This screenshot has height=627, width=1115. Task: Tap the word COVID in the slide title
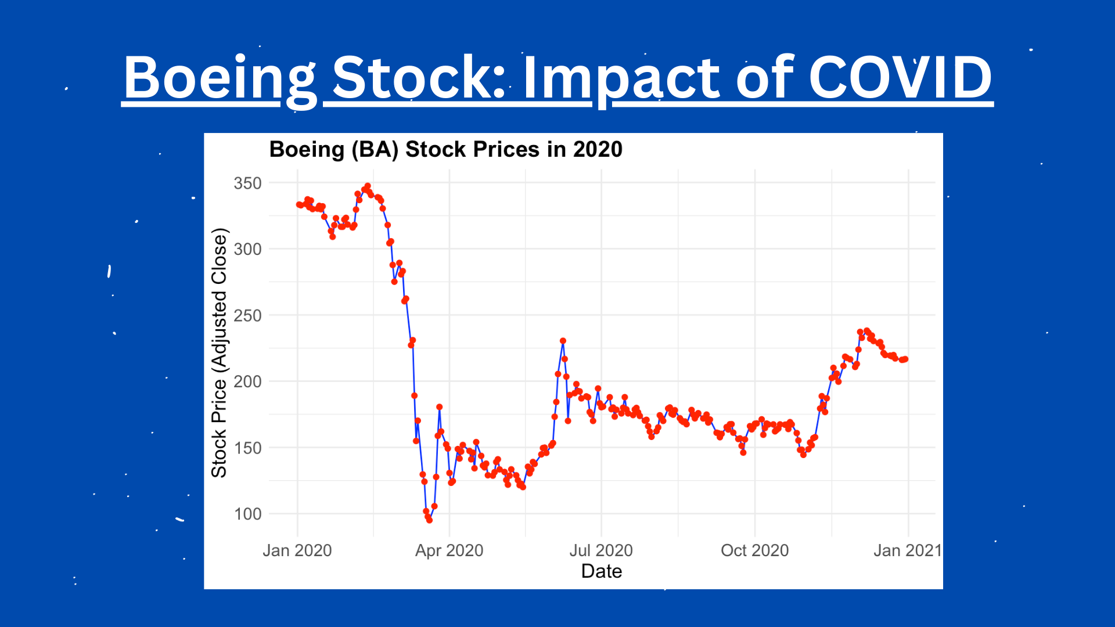point(900,78)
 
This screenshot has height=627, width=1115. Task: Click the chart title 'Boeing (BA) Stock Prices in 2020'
point(445,150)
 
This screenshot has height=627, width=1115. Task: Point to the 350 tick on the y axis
point(247,183)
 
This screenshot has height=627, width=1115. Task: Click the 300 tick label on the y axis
point(247,249)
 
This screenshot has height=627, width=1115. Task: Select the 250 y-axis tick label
point(247,315)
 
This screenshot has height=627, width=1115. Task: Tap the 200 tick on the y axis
point(247,381)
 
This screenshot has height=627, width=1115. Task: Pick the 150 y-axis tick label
point(247,448)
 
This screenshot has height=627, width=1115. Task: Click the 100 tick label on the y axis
point(247,514)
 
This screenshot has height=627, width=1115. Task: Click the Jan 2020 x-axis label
point(297,550)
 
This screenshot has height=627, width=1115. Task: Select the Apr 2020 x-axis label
point(449,550)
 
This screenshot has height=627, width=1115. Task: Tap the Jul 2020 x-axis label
point(601,550)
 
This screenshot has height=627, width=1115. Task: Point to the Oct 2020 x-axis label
point(754,550)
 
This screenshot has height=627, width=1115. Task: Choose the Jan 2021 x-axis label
point(907,550)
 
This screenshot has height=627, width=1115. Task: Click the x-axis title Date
point(602,571)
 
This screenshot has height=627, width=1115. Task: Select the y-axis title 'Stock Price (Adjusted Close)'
point(219,353)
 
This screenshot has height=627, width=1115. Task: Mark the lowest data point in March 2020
point(429,520)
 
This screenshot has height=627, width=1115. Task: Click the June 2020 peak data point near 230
point(563,341)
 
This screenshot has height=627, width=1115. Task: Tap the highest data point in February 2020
point(368,186)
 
